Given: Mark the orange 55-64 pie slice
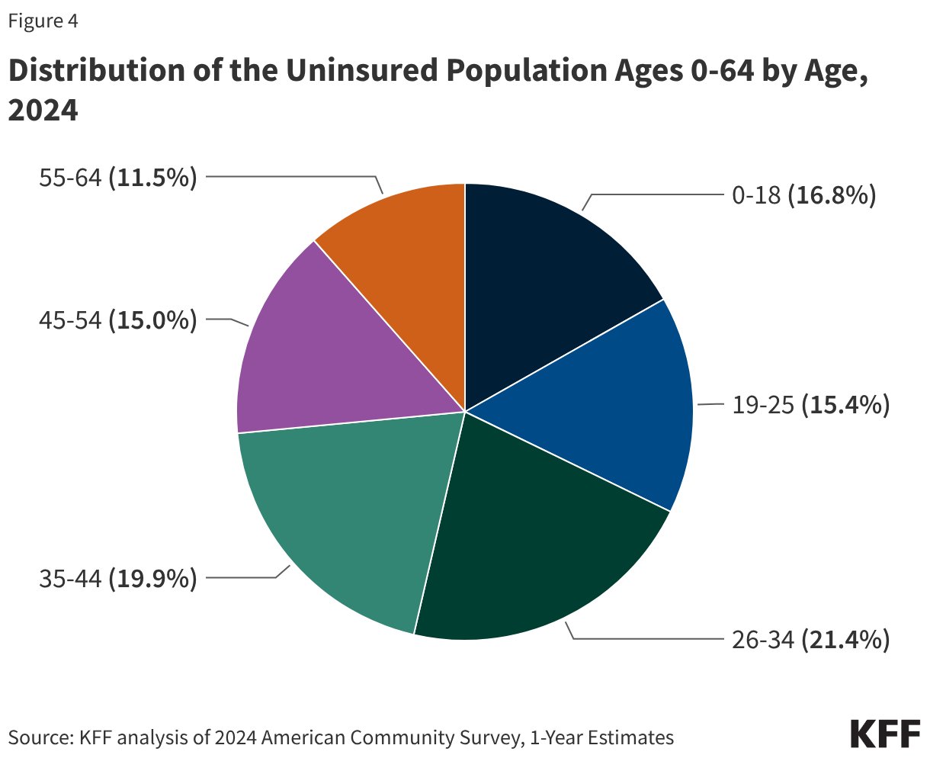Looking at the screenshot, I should click(x=404, y=244).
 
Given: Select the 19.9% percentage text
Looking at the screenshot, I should click(x=153, y=579).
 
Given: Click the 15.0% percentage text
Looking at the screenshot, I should click(x=153, y=320).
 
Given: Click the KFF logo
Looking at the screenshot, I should click(x=885, y=733).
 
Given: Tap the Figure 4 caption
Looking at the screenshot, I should click(x=43, y=21).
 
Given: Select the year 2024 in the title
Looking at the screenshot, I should click(x=43, y=111).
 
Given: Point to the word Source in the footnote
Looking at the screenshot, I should click(x=37, y=737).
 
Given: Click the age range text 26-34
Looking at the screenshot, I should click(x=763, y=640).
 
